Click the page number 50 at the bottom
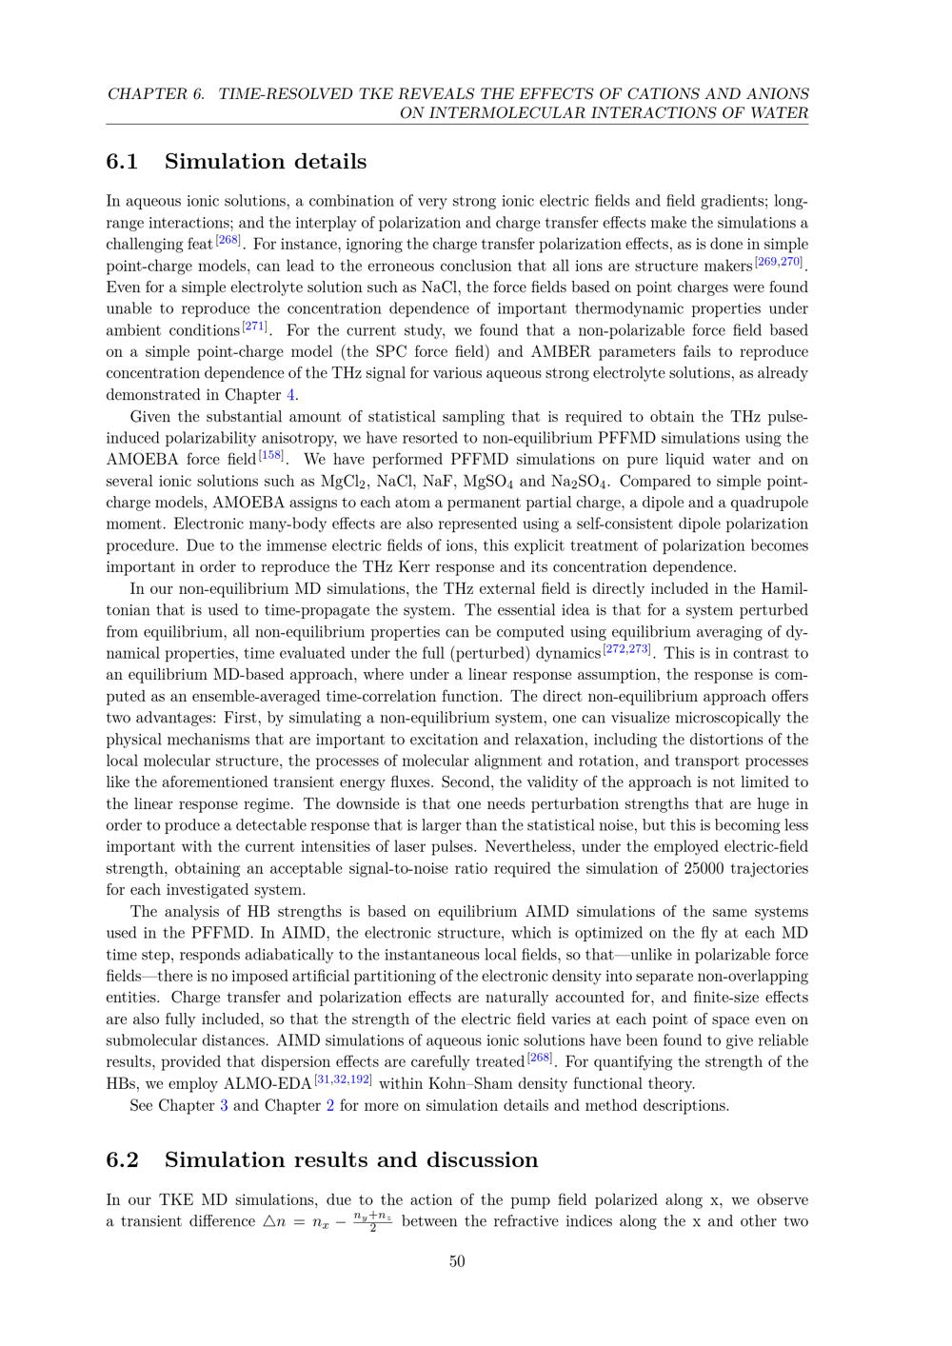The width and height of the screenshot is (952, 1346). [457, 1261]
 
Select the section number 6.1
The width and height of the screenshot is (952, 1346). [122, 162]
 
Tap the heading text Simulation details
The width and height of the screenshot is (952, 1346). [266, 162]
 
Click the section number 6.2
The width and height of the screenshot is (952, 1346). [122, 1160]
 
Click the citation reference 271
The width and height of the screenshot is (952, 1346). [254, 327]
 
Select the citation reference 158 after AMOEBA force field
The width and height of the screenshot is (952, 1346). [271, 455]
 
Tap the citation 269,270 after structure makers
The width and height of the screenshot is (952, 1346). [779, 262]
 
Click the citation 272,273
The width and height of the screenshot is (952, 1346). [626, 649]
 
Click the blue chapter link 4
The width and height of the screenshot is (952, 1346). [290, 395]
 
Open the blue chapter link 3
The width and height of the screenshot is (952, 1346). [224, 1106]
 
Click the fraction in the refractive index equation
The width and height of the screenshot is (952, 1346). [372, 1221]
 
